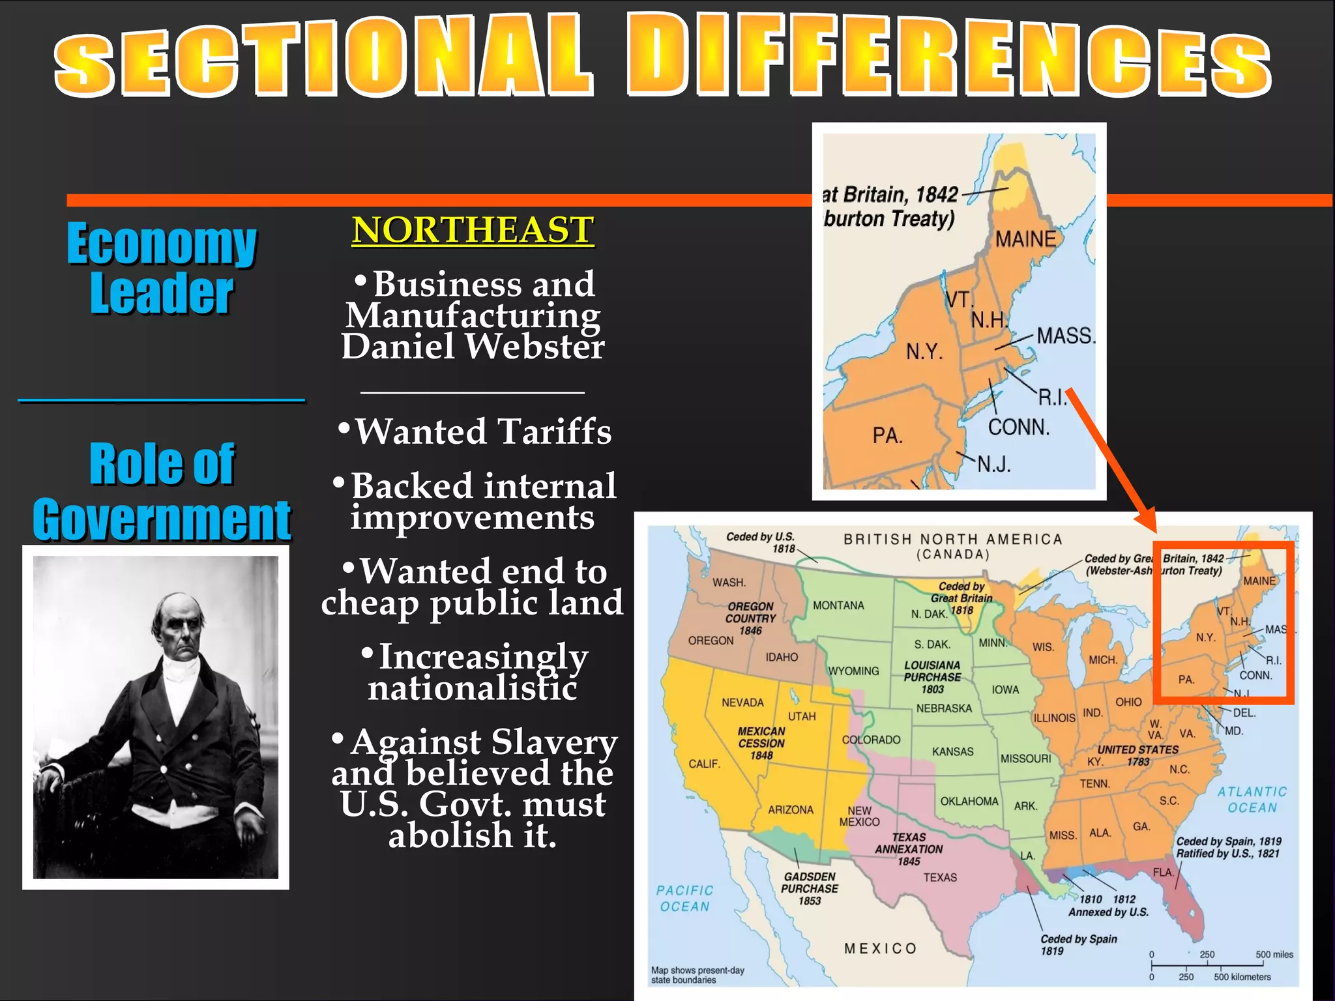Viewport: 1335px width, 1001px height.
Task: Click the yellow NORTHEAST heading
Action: (x=473, y=230)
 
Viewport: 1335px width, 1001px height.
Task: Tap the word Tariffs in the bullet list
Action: (x=555, y=431)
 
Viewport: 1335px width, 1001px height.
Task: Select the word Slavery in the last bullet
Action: (x=554, y=742)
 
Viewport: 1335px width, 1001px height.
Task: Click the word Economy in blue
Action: (x=162, y=244)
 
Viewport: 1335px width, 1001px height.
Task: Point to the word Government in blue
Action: (x=162, y=520)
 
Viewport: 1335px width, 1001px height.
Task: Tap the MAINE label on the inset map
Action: (x=1025, y=239)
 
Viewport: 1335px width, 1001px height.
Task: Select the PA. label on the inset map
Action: (x=887, y=435)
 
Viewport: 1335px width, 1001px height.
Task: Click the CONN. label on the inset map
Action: (x=1018, y=428)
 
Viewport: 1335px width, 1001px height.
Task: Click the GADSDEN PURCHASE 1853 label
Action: (x=810, y=888)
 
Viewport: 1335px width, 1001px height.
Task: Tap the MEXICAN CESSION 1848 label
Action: (x=761, y=744)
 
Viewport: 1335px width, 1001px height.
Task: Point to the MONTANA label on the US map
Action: (x=838, y=605)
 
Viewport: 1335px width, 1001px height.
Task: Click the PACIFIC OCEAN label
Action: (x=684, y=898)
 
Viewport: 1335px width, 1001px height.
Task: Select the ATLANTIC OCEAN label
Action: (x=1252, y=800)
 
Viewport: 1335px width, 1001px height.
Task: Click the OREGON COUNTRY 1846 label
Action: (x=751, y=618)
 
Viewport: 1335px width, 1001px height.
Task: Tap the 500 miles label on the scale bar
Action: (x=1274, y=955)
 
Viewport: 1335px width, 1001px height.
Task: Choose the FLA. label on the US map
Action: (x=1163, y=872)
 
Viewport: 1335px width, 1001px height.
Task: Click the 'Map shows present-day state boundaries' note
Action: (x=697, y=975)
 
